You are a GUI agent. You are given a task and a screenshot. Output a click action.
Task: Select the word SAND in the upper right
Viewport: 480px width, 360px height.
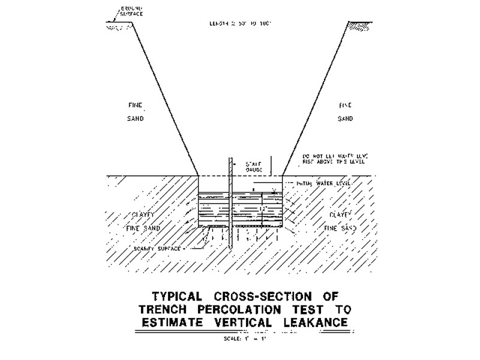(x=345, y=119)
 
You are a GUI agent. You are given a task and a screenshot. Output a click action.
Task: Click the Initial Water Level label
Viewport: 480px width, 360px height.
(x=319, y=182)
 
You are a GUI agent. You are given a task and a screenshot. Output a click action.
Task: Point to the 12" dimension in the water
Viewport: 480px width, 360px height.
(x=262, y=208)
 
